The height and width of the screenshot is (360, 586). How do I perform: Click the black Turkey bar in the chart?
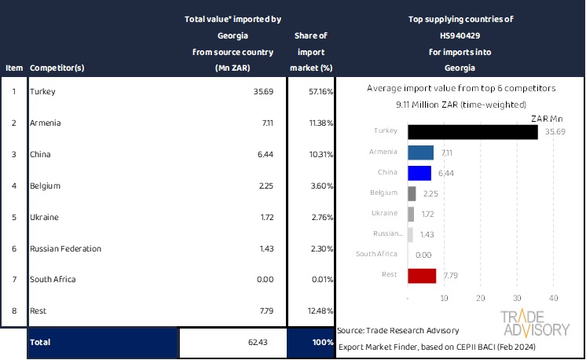[472, 131]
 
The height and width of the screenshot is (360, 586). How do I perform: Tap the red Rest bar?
[422, 275]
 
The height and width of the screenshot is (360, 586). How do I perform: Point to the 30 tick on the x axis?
[516, 298]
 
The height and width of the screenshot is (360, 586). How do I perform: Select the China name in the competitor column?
[40, 154]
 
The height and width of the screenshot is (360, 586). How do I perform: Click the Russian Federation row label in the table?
[65, 248]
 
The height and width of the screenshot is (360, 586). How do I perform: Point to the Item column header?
[14, 68]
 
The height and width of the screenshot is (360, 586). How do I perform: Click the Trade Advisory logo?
[534, 323]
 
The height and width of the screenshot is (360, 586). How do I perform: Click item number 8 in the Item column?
[14, 311]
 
